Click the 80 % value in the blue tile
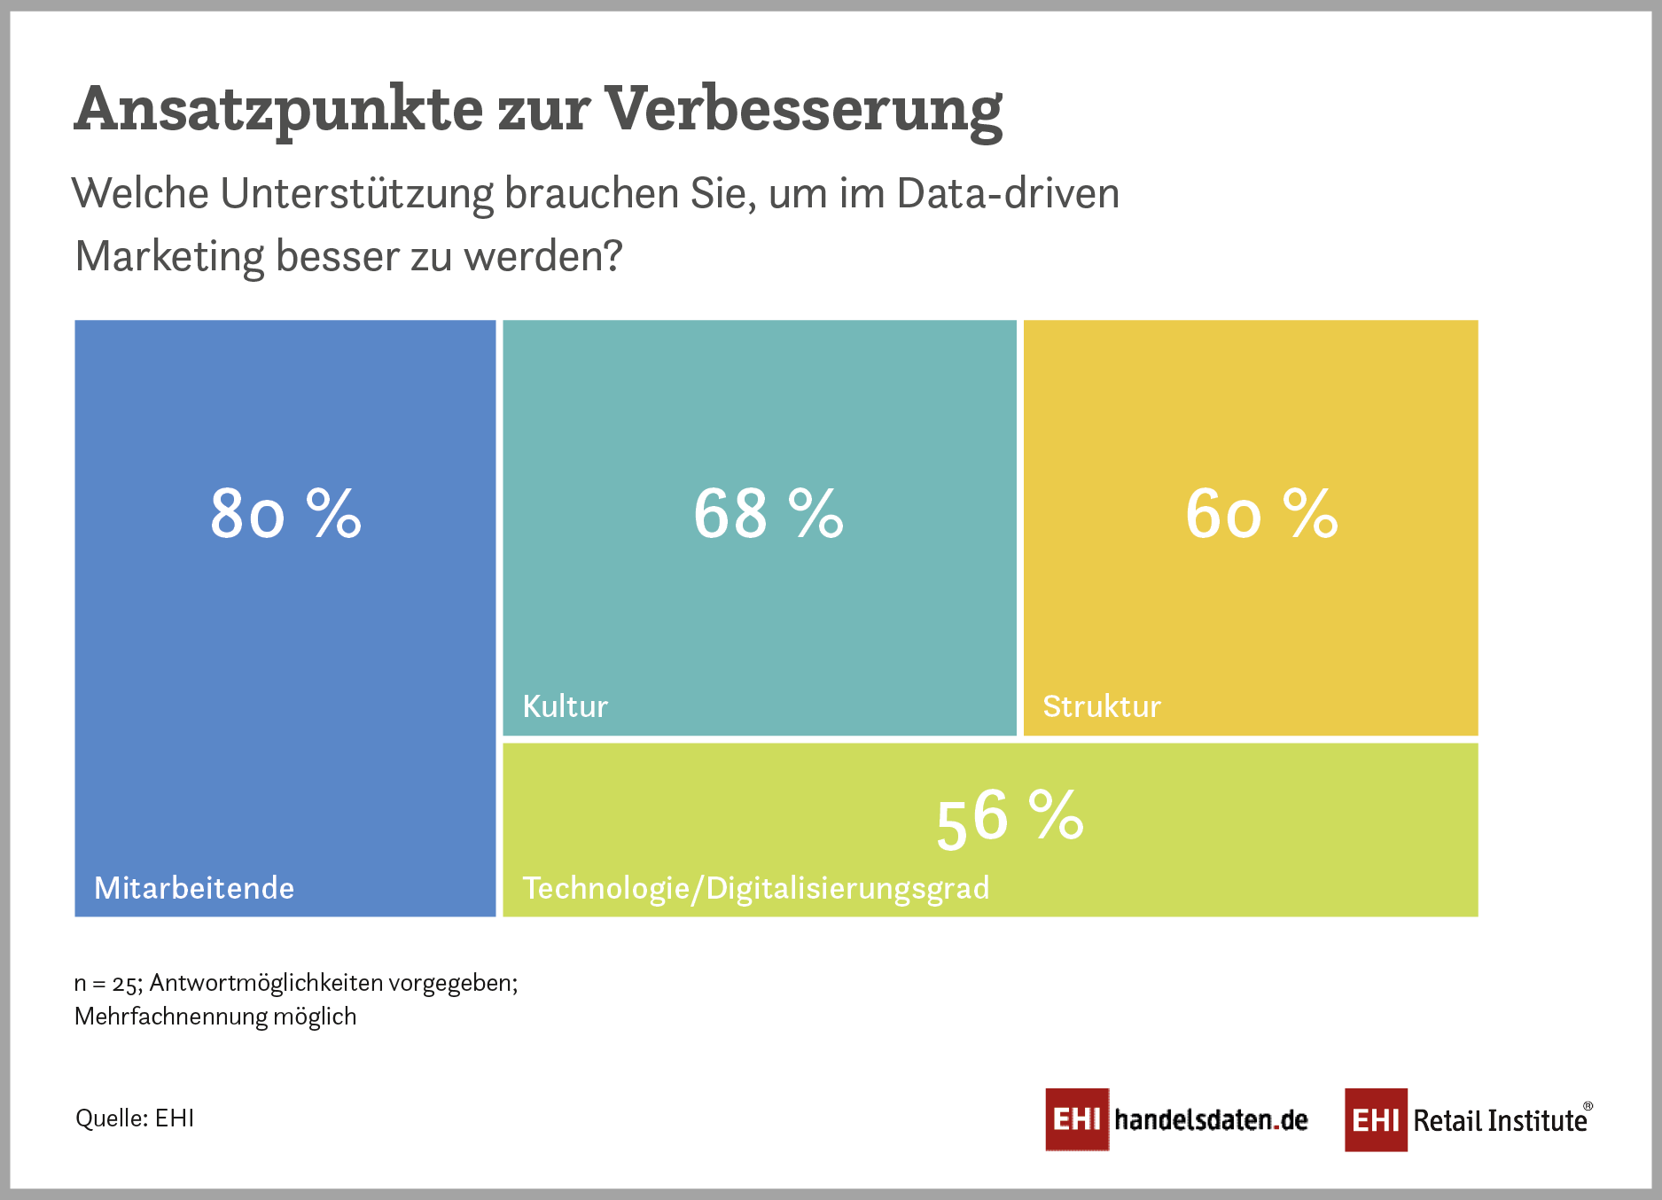[x=285, y=513]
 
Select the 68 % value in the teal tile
[x=768, y=513]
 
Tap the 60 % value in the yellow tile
[x=1260, y=513]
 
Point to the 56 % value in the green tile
[x=1009, y=817]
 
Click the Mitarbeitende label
[x=194, y=888]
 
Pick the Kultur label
[x=565, y=706]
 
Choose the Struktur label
[x=1101, y=706]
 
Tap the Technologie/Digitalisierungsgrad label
[x=755, y=888]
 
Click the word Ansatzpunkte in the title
[x=279, y=110]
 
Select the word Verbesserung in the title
[x=803, y=110]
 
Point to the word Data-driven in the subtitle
[x=1008, y=193]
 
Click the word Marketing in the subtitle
[x=169, y=256]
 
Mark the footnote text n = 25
[x=105, y=983]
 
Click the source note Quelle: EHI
[x=135, y=1118]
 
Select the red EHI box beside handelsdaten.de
[x=1077, y=1119]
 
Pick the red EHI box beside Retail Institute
[x=1376, y=1120]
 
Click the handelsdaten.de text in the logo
[x=1211, y=1120]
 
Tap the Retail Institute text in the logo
[x=1500, y=1121]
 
